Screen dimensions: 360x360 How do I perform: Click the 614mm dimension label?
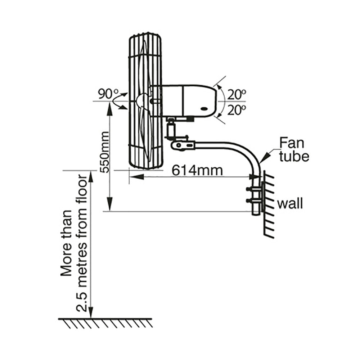pos(197,170)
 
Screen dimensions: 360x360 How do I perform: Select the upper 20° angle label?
pos(237,95)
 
